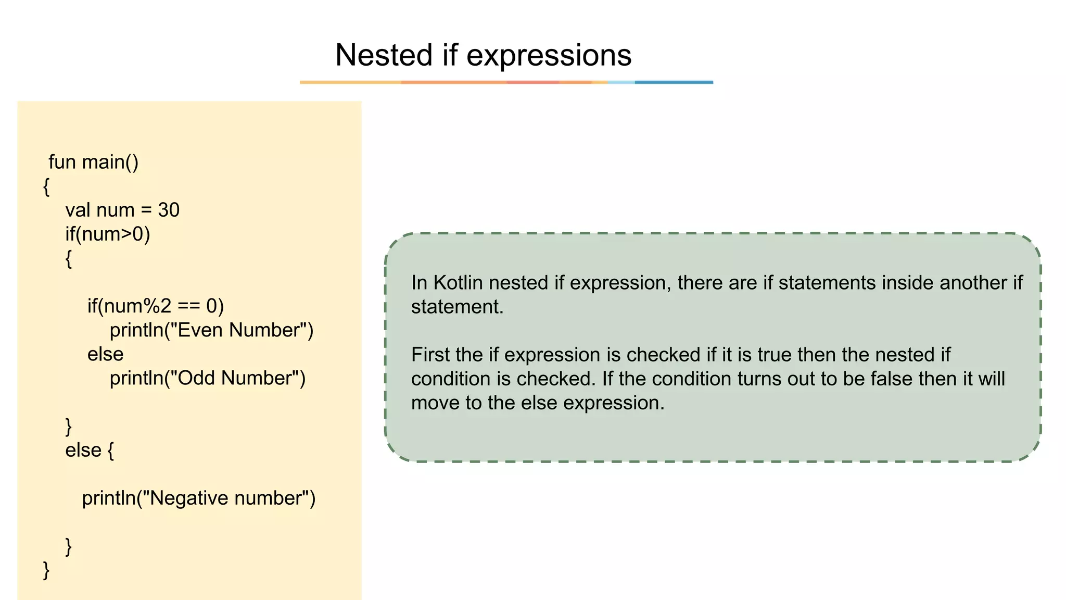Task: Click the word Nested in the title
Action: (384, 55)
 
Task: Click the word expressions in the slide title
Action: (549, 55)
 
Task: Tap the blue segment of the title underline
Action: (674, 82)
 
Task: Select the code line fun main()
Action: (93, 162)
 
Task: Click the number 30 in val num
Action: (169, 210)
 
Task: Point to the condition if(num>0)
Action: (108, 234)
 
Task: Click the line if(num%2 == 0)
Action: (155, 306)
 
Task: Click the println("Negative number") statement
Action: (198, 498)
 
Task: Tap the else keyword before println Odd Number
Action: (105, 354)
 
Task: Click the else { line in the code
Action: (89, 450)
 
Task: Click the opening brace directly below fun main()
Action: (46, 186)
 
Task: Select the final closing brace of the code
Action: (46, 570)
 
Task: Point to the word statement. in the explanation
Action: (457, 306)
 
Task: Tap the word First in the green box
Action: (430, 355)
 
